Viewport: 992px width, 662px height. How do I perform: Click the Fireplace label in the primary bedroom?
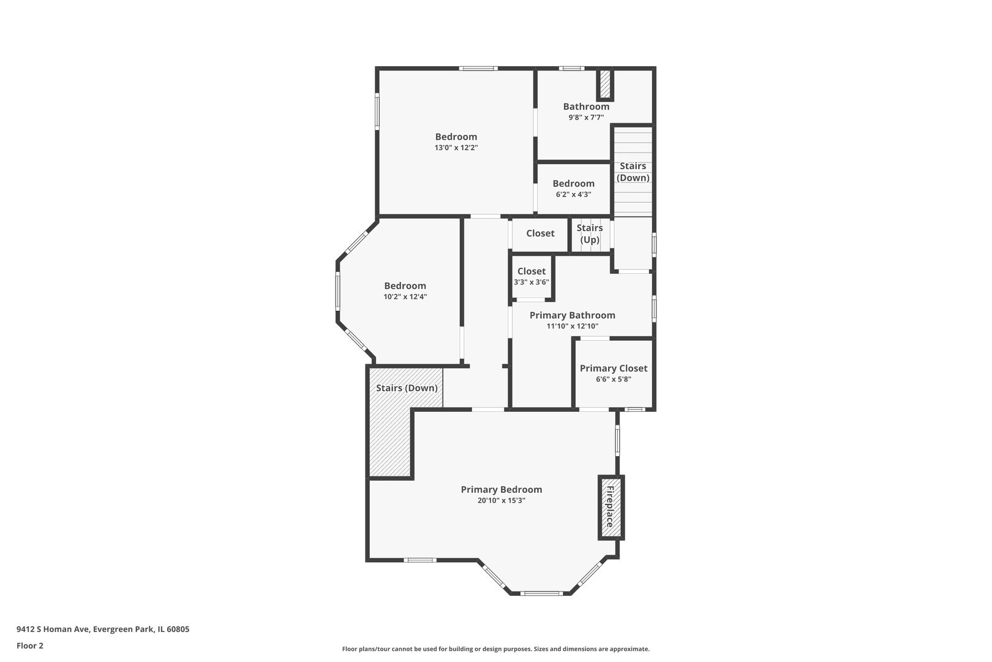611,507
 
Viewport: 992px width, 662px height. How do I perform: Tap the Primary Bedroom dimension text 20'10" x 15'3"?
502,501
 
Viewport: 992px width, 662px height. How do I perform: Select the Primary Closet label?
614,368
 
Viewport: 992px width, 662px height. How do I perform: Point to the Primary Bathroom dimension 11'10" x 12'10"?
572,326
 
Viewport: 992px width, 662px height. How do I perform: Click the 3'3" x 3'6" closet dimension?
532,282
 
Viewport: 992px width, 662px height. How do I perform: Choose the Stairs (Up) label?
590,234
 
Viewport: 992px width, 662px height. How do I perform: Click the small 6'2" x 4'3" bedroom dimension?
574,194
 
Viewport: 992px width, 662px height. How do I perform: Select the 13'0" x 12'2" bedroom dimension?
456,148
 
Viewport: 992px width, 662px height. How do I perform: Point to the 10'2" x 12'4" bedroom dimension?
405,297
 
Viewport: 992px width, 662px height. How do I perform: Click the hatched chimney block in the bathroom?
604,84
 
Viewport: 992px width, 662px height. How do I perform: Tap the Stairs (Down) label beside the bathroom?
633,172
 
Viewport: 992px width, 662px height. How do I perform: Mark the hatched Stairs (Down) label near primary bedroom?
407,388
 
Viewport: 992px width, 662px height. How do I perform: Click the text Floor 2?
30,645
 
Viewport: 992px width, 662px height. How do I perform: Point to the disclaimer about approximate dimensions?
495,649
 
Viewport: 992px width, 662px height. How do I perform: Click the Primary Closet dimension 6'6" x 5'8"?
614,379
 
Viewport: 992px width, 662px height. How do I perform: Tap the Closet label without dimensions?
540,233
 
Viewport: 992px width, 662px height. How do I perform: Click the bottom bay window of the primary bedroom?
541,593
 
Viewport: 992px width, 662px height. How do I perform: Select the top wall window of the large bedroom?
478,69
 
